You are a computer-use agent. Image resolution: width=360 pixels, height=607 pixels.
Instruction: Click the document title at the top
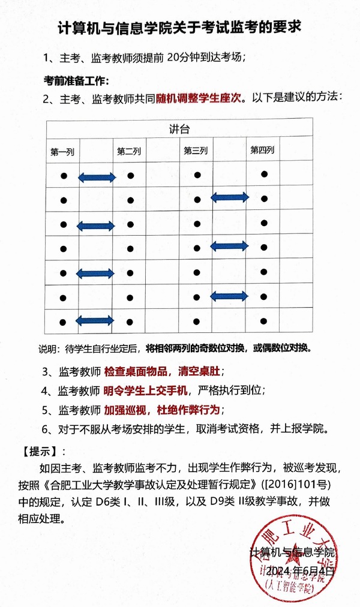[179, 28]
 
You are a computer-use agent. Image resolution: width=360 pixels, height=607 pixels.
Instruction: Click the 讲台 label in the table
[180, 129]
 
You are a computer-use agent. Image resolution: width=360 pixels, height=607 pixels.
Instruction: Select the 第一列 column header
[62, 152]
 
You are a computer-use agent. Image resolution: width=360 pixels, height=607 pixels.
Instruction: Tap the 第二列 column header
[129, 152]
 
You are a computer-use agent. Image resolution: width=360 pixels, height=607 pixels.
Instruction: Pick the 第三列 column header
[196, 151]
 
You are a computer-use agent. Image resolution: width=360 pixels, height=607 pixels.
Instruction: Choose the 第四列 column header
[262, 149]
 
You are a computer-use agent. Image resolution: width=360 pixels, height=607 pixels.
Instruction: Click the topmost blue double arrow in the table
[97, 177]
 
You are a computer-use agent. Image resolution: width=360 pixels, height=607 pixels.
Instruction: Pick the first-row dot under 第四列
[263, 175]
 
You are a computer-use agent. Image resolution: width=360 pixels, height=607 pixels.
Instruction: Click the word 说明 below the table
[49, 349]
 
